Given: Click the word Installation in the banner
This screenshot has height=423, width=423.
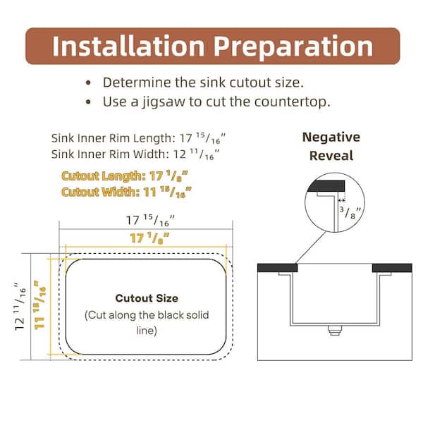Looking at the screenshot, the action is [128, 46].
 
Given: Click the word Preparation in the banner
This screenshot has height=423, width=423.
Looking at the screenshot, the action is [293, 47].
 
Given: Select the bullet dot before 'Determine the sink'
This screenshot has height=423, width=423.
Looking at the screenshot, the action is [88, 82].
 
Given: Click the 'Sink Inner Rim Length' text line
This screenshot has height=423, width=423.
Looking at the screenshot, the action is [138, 138].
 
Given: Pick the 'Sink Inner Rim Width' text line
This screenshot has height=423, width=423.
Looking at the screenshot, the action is [135, 154].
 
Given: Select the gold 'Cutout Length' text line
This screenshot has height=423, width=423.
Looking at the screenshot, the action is [125, 176].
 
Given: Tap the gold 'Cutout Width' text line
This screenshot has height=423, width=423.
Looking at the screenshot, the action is [126, 192].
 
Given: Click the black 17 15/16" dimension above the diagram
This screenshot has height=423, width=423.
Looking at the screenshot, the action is [150, 221].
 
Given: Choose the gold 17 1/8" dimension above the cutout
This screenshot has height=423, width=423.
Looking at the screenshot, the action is [149, 238].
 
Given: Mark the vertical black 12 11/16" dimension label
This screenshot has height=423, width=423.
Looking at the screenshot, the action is [20, 307].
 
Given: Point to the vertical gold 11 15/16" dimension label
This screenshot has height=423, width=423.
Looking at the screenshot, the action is [39, 305].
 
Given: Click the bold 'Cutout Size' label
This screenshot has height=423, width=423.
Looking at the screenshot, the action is [147, 298].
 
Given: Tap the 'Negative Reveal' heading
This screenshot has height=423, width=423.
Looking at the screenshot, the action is [331, 146].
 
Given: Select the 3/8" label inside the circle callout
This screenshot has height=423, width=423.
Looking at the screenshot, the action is [350, 212].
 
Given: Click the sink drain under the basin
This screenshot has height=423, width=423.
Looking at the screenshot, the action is [335, 330].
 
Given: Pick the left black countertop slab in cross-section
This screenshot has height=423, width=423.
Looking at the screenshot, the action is [277, 268].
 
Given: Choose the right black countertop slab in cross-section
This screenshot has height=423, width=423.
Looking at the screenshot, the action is [392, 268].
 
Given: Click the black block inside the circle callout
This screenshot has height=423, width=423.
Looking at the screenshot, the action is [326, 186].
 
